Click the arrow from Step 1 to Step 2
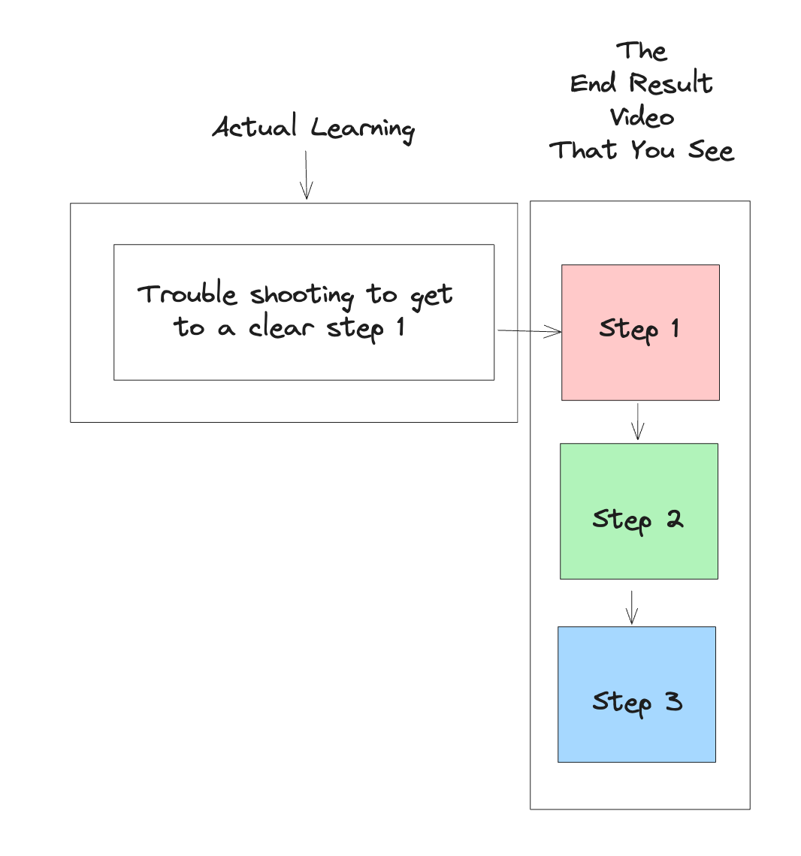pos(637,421)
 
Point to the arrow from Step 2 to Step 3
pos(632,607)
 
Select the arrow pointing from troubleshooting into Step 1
pos(529,331)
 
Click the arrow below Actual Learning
pos(306,175)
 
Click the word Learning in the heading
pos(363,129)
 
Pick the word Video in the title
pos(642,117)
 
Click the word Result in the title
pos(671,83)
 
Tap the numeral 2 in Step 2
pos(674,518)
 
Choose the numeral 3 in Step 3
pos(673,701)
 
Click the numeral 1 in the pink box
pos(675,327)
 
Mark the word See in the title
pos(711,150)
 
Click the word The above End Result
pos(642,51)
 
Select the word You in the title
pos(652,150)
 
